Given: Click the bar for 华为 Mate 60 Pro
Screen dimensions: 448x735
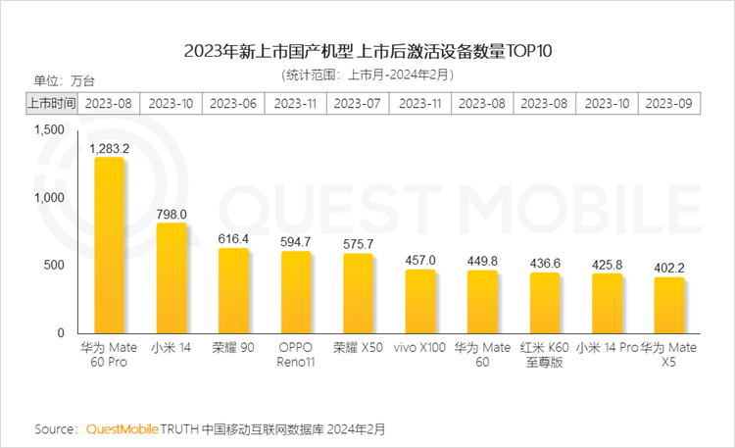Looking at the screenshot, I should [109, 245].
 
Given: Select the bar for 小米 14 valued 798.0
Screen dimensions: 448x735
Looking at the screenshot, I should [171, 278].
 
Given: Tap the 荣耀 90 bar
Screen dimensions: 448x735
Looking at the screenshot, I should [233, 290].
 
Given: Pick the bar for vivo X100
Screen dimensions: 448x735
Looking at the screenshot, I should [420, 301].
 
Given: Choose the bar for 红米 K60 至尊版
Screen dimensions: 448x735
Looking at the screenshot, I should [545, 303].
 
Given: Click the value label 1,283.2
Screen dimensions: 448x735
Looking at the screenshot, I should [109, 148].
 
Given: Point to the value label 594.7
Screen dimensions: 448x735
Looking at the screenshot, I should [296, 242].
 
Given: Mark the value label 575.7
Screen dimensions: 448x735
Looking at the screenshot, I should [359, 244].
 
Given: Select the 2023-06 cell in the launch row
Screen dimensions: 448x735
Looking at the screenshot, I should [233, 103].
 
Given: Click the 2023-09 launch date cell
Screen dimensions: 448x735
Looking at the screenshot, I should [669, 103].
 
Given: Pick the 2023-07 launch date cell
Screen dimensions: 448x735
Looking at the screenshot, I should [358, 103].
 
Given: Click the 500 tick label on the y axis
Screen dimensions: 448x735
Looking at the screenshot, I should [54, 266].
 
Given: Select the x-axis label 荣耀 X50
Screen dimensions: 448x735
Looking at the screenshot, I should [359, 348].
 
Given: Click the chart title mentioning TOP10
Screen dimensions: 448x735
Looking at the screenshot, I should [367, 49].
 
